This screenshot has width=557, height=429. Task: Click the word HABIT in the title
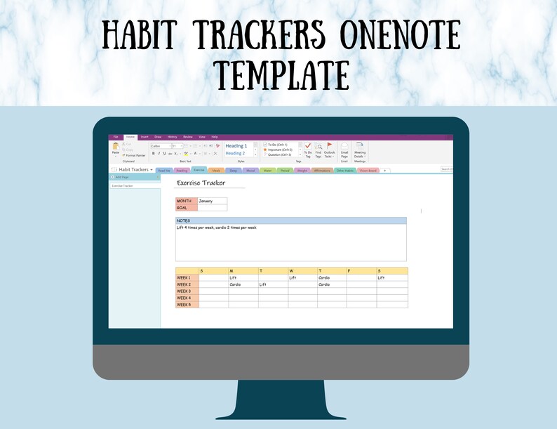click(147, 34)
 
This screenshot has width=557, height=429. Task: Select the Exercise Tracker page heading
click(201, 183)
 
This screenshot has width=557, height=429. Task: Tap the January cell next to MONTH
click(212, 201)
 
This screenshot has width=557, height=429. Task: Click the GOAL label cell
click(186, 208)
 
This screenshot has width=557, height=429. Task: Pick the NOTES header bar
click(290, 220)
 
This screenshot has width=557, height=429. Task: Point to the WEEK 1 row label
click(187, 278)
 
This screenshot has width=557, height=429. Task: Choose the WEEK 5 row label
click(187, 305)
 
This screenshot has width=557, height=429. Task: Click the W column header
click(302, 271)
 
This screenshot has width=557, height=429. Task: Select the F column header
click(361, 271)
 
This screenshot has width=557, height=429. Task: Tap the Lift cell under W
click(302, 278)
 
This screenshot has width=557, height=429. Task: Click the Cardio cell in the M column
click(243, 284)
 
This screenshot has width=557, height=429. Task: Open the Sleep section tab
click(233, 170)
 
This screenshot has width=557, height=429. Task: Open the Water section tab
click(267, 170)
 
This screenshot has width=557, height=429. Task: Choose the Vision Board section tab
click(368, 170)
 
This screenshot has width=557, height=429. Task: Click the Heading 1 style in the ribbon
click(236, 146)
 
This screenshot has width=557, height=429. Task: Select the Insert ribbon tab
click(145, 137)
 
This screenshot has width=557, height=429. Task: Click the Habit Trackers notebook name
click(133, 170)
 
